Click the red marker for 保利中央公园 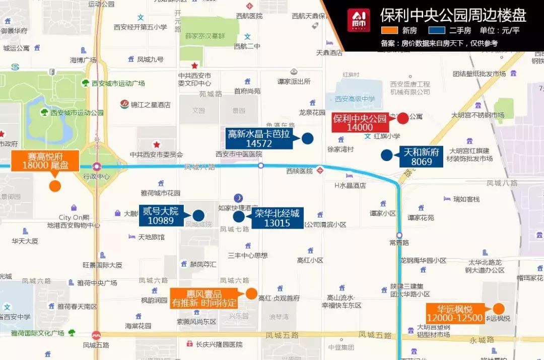point(403,119)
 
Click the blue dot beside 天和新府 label point(386,155)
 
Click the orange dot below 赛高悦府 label point(55,186)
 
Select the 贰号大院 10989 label point(161,216)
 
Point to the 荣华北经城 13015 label point(277,218)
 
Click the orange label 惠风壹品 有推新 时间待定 point(203,299)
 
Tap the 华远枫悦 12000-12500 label point(455,313)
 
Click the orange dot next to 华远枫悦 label point(499,309)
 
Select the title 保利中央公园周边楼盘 point(453,15)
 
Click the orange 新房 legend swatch point(391,30)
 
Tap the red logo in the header point(358,21)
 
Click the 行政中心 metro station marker point(96,166)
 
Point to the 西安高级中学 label point(355,99)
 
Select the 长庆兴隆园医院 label point(219,344)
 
